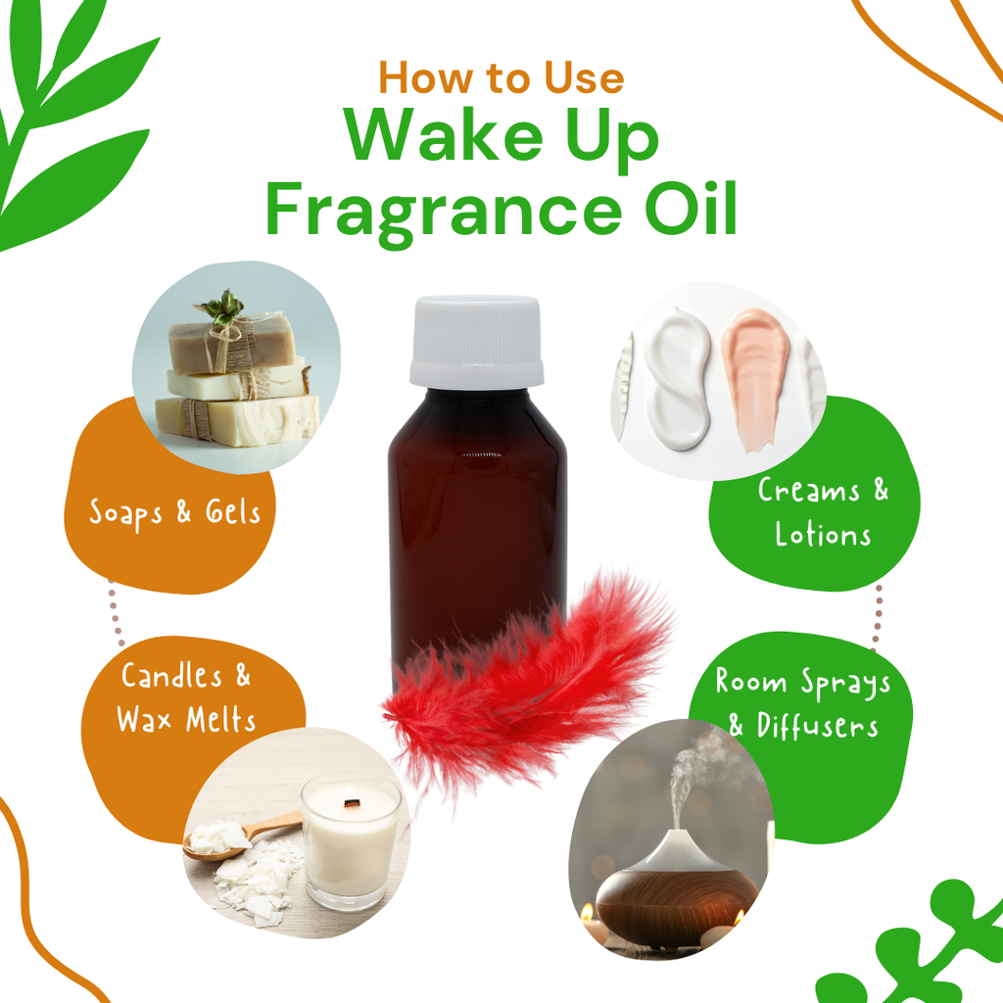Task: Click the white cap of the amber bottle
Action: click(477, 341)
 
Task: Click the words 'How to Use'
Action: click(501, 77)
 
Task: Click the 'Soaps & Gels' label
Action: click(174, 513)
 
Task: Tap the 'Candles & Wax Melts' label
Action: click(185, 697)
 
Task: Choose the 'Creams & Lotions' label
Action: click(823, 512)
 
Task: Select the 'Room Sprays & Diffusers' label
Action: click(803, 703)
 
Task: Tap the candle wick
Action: click(350, 802)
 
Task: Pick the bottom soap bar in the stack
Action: click(237, 420)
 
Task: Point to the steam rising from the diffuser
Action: click(694, 777)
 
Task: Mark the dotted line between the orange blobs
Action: click(116, 614)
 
